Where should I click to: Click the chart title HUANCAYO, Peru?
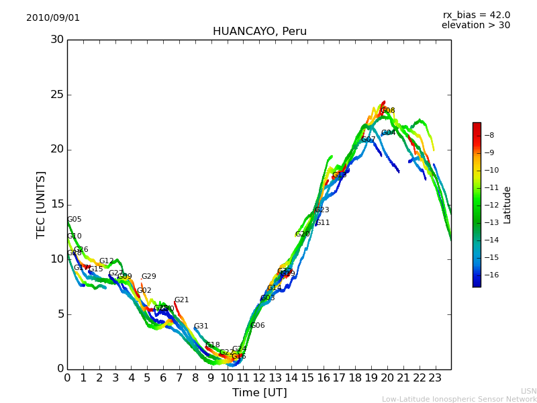click(259, 32)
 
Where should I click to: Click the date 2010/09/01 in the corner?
click(53, 18)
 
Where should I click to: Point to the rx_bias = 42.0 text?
click(476, 15)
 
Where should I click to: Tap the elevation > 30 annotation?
click(475, 26)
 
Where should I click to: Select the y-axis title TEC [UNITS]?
click(41, 204)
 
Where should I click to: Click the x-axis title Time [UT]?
click(259, 393)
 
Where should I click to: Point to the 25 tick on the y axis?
click(57, 95)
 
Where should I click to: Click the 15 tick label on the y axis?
click(57, 204)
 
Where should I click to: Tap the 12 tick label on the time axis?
click(259, 378)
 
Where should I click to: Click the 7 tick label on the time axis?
click(179, 378)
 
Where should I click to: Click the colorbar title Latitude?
click(507, 204)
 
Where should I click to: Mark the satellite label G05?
click(75, 220)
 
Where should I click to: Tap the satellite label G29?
click(148, 277)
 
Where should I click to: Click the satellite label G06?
click(257, 326)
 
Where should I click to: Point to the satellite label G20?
click(302, 234)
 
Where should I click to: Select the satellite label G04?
click(388, 133)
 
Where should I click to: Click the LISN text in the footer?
click(528, 391)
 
